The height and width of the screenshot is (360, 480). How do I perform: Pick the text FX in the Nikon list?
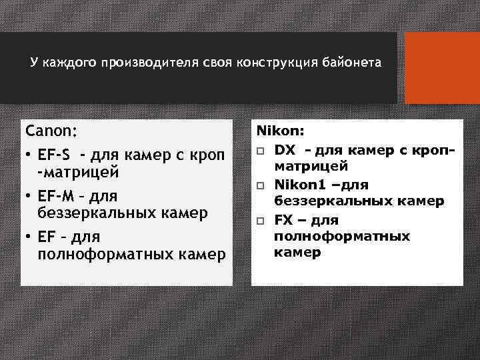coord(283,221)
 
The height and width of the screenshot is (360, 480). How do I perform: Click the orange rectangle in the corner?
coord(443,68)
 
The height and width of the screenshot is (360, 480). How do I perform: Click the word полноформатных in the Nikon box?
coord(342,237)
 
